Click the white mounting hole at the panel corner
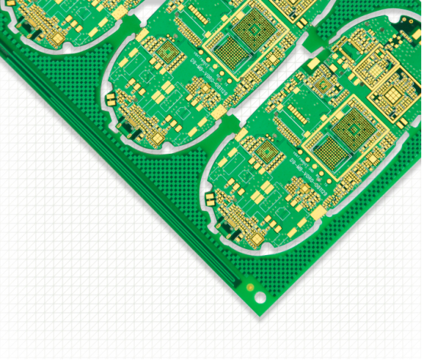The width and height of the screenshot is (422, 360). (260, 297)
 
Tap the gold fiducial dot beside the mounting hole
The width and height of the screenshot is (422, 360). (249, 286)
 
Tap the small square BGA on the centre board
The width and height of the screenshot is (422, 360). (168, 53)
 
